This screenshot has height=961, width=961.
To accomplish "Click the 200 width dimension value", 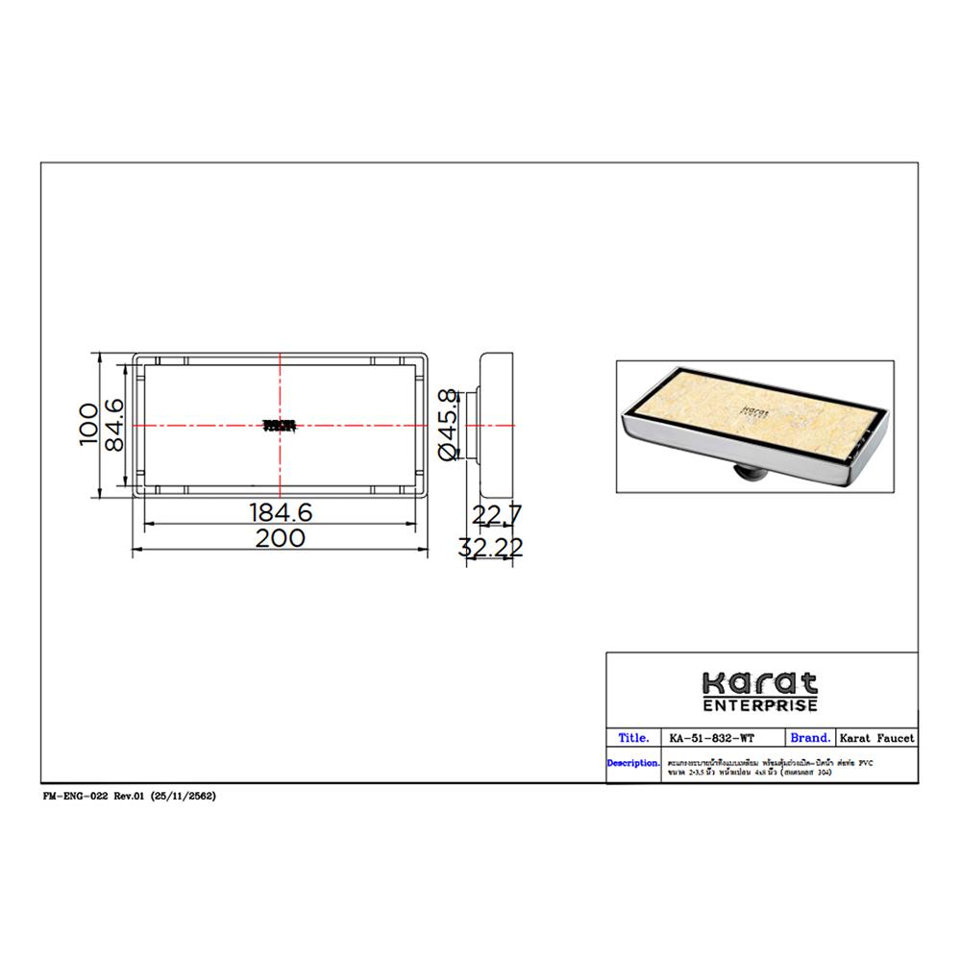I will [x=280, y=538].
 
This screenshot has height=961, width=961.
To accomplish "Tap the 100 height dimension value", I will [x=88, y=424].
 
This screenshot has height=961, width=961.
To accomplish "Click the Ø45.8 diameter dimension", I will [x=448, y=424].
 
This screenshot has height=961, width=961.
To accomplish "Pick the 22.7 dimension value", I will [x=497, y=517].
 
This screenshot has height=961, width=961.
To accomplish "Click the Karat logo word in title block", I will [x=760, y=683].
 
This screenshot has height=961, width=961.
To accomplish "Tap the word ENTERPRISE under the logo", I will [x=760, y=705].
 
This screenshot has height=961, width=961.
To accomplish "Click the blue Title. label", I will [x=634, y=738].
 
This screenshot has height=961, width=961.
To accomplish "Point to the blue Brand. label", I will [x=809, y=738].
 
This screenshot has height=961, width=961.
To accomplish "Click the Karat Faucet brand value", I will [x=877, y=739].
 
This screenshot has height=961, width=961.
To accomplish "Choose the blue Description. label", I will [x=633, y=763].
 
